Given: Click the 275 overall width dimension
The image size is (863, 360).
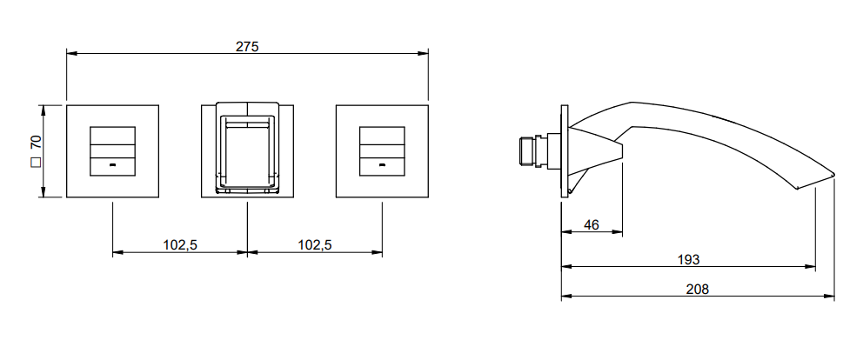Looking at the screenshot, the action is pos(247,47).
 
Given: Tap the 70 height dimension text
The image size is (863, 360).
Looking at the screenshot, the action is pos(37,142).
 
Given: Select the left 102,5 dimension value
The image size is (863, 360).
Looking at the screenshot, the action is pos(180,245).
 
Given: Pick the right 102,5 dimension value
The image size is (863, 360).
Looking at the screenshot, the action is pos(315,245).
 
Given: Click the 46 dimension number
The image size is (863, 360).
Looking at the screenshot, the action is pos(591,224).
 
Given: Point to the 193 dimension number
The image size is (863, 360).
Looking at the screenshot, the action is pos(688,259).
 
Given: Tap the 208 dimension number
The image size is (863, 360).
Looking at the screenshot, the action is pos(698,289).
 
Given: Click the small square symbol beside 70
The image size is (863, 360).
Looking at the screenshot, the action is pos(37,163).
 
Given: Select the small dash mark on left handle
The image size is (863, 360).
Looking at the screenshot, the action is pos(113,164).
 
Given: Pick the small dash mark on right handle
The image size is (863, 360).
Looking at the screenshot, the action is pos(382,164).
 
